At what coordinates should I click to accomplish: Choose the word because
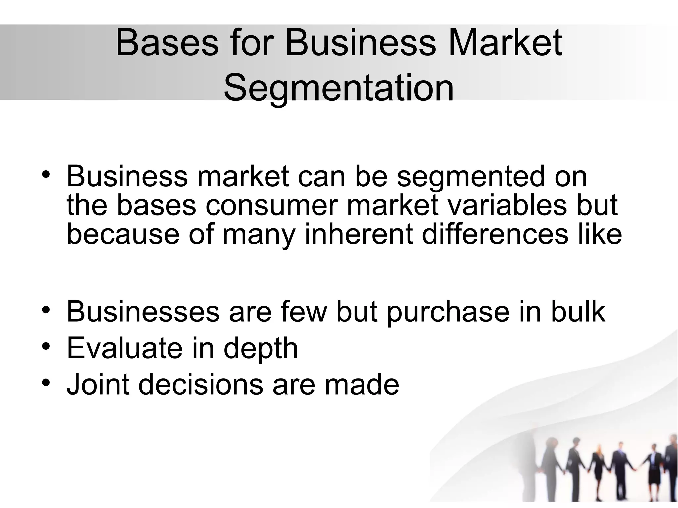coord(122,234)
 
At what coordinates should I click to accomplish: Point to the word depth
coord(261,349)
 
